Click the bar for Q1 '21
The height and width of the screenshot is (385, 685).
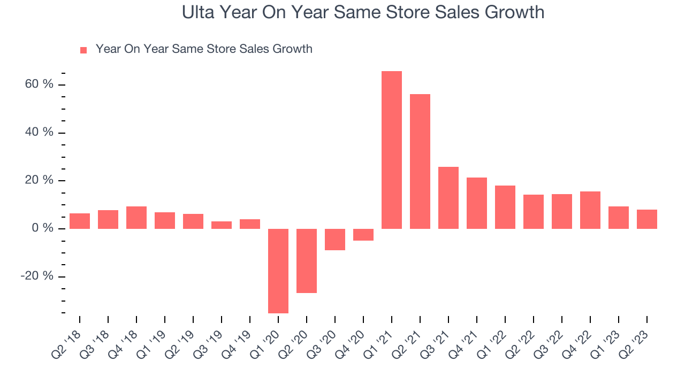click(x=392, y=150)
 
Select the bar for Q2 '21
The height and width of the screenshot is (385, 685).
click(x=420, y=161)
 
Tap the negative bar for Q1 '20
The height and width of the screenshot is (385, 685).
click(x=278, y=271)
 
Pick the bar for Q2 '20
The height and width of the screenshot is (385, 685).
click(x=307, y=260)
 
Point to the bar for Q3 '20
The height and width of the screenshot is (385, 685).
click(x=335, y=239)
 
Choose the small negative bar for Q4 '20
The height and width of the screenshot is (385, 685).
click(x=363, y=235)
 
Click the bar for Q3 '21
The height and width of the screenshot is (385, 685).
click(x=448, y=198)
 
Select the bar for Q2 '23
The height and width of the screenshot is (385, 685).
click(x=646, y=219)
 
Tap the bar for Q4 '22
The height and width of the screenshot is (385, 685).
click(x=590, y=210)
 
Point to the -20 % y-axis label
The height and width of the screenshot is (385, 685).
click(x=37, y=276)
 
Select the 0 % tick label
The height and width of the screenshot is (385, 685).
click(x=43, y=228)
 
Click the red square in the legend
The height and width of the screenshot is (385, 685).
click(x=83, y=50)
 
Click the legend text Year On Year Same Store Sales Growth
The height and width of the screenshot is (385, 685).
click(x=204, y=49)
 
